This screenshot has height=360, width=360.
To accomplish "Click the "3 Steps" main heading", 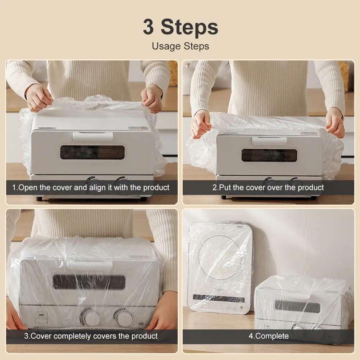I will pos(180,27).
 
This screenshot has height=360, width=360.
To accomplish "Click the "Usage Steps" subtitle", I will pos(180,46).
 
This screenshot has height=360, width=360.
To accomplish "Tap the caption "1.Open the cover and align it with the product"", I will pos(91,188).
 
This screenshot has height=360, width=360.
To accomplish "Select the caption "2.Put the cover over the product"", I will pos(268,188).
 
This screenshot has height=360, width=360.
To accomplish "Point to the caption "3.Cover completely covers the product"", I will pos(91,336).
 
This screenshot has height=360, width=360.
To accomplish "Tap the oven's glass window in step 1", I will pos(92,152).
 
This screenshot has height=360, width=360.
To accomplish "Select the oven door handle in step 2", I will pos(269,141).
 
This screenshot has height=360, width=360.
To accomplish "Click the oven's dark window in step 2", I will pos(269,155).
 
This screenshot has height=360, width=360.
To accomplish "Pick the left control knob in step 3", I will pos(91,318).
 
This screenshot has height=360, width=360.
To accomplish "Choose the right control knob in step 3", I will pos(124,318).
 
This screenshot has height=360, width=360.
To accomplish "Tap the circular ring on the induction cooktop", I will pos(220,258).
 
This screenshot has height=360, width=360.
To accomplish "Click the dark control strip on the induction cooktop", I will pos(218,298).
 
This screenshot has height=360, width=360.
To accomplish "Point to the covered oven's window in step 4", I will pos(297,307).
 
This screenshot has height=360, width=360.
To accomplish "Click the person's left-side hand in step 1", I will pos(39,97).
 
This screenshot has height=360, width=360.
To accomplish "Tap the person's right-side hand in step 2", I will pos(334,122).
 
